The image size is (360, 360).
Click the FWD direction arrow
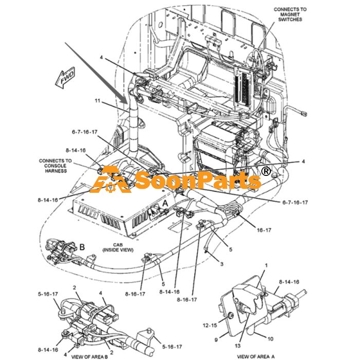click(x=65, y=78)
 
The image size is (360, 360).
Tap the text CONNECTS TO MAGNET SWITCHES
click(x=290, y=14)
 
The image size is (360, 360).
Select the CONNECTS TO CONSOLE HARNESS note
click(x=56, y=166)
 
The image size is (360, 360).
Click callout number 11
click(x=98, y=101)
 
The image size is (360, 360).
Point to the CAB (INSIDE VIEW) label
click(x=118, y=247)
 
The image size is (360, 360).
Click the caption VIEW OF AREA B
click(x=89, y=356)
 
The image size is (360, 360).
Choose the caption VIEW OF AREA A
click(x=256, y=356)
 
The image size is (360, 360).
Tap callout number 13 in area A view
click(x=238, y=346)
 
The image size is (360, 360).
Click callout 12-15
click(x=210, y=326)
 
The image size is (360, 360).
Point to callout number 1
click(x=266, y=265)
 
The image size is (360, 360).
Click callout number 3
click(x=222, y=264)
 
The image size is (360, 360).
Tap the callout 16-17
click(x=264, y=230)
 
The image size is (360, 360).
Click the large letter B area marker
click(x=82, y=247)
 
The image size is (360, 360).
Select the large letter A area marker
click(x=165, y=204)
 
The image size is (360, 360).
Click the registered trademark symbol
click(x=266, y=171)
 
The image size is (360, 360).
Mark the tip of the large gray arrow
click(x=128, y=104)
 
